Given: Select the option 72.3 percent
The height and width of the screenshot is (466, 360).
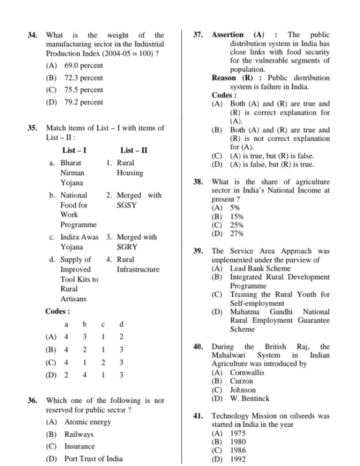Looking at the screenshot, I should pos(83,78).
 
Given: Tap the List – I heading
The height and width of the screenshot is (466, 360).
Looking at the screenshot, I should pos(74,150).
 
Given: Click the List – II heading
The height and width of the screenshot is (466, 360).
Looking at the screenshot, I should pos(133,150).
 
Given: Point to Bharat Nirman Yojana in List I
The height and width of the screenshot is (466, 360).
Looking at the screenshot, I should pos(72,173).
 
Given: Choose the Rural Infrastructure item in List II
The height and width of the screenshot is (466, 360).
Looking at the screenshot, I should pos(137,264).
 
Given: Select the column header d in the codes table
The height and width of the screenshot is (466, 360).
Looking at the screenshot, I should pos(121,324).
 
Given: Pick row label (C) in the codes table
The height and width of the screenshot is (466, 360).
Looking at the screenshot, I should pos(51,362).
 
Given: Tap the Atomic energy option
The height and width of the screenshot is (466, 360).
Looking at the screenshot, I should pos(87,422).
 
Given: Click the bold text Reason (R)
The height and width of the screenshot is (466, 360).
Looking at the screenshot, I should pos(232,78).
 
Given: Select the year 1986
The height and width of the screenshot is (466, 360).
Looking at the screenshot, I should pos(237,450).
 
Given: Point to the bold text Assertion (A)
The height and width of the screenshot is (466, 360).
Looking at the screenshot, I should pos(237,35).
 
